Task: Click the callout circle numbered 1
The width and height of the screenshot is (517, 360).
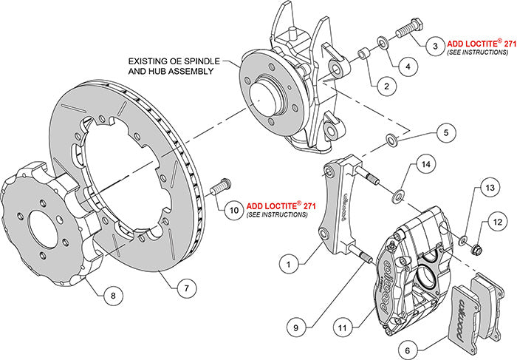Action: tap(289, 260)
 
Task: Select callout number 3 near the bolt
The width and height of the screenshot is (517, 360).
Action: tap(435, 45)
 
